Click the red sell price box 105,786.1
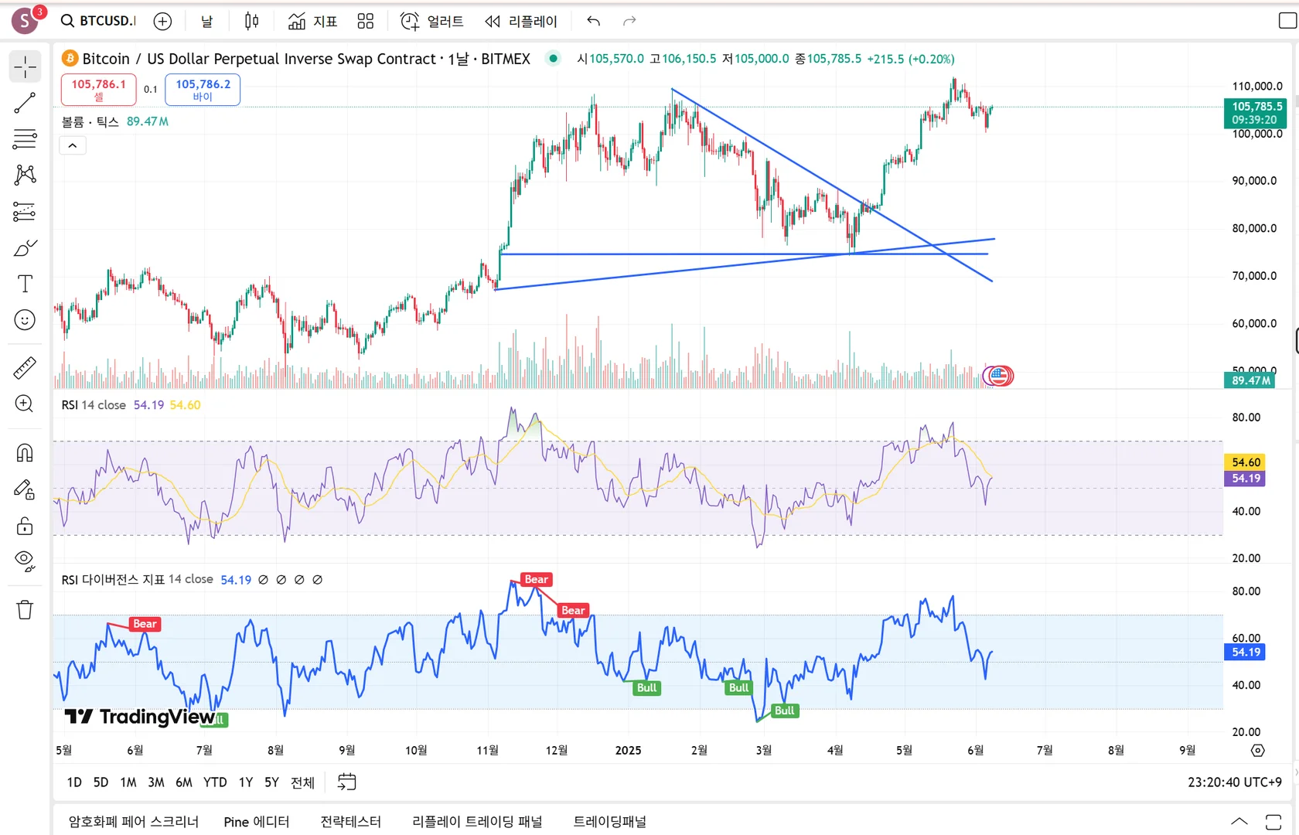pos(98,89)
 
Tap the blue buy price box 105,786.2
pos(203,89)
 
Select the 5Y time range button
pos(271,782)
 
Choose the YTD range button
pos(215,782)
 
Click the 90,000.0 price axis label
pos(1254,181)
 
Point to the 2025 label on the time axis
pos(628,750)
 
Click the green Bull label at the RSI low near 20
pos(784,711)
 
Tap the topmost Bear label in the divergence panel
pos(536,579)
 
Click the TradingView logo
pos(139,717)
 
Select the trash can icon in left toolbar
pos(25,610)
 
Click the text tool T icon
pos(25,284)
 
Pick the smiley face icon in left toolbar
pos(25,320)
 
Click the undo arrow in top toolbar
pos(593,21)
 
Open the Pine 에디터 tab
pos(256,822)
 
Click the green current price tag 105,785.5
pos(1254,113)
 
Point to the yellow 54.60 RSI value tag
pos(1246,462)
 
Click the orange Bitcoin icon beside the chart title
pos(70,59)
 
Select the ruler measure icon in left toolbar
pos(25,368)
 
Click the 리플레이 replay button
pos(521,21)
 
